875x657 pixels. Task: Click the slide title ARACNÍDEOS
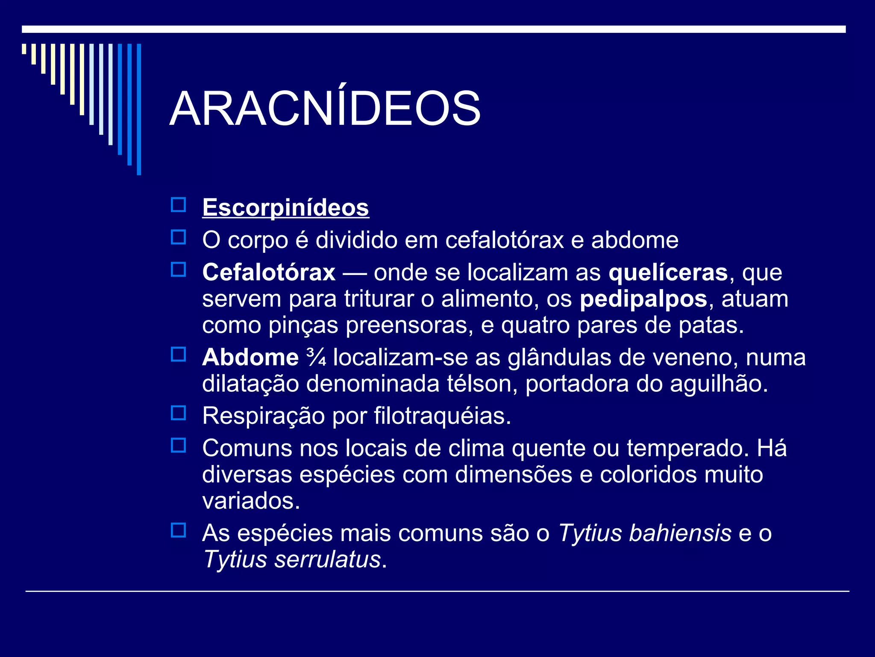(325, 109)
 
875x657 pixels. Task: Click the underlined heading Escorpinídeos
(285, 208)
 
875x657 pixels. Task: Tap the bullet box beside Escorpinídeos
(178, 205)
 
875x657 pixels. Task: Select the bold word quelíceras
(668, 273)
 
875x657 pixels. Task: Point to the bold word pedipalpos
(643, 299)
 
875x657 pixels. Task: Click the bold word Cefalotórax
(269, 273)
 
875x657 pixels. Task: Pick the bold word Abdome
(250, 358)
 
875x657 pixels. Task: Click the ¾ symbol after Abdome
(316, 358)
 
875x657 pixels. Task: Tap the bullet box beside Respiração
(178, 413)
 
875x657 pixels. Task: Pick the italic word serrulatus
(327, 559)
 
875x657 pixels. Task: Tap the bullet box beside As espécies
(178, 530)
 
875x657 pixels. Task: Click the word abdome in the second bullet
(634, 240)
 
